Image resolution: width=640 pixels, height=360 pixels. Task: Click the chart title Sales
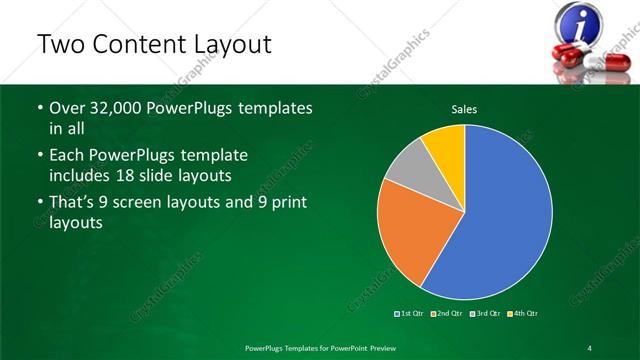(x=464, y=108)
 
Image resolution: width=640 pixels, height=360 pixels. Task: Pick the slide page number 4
(x=590, y=347)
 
